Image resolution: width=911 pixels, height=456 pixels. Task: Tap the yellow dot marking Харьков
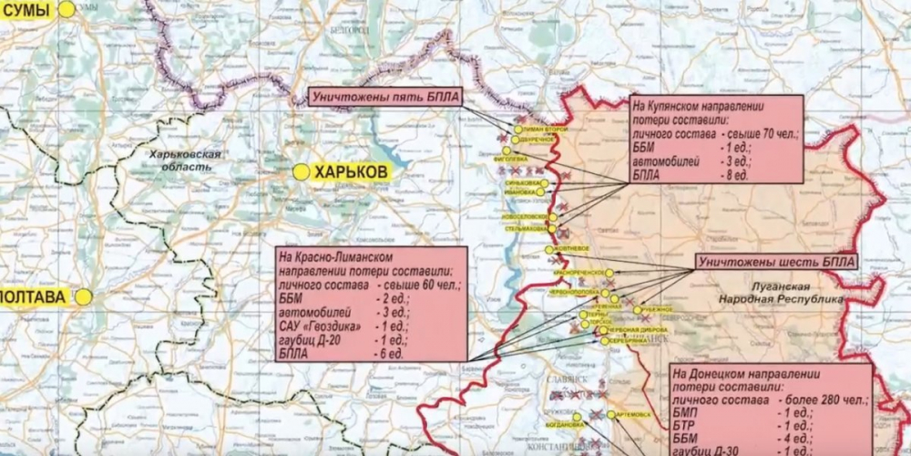[x=301, y=171]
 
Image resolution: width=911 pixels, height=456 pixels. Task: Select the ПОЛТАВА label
[x=35, y=296]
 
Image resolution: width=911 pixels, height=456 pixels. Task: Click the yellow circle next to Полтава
[x=83, y=296]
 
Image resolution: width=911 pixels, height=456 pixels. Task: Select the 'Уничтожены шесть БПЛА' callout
[x=777, y=262]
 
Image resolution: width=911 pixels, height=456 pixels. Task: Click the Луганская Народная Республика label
[x=792, y=292]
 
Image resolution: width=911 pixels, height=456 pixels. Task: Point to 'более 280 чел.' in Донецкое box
[x=821, y=401]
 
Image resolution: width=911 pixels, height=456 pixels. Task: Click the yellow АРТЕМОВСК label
[x=635, y=415]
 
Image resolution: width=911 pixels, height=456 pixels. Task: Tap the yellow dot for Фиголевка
[x=507, y=150]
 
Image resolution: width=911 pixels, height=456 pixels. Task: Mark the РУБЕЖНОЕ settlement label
[x=658, y=309]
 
